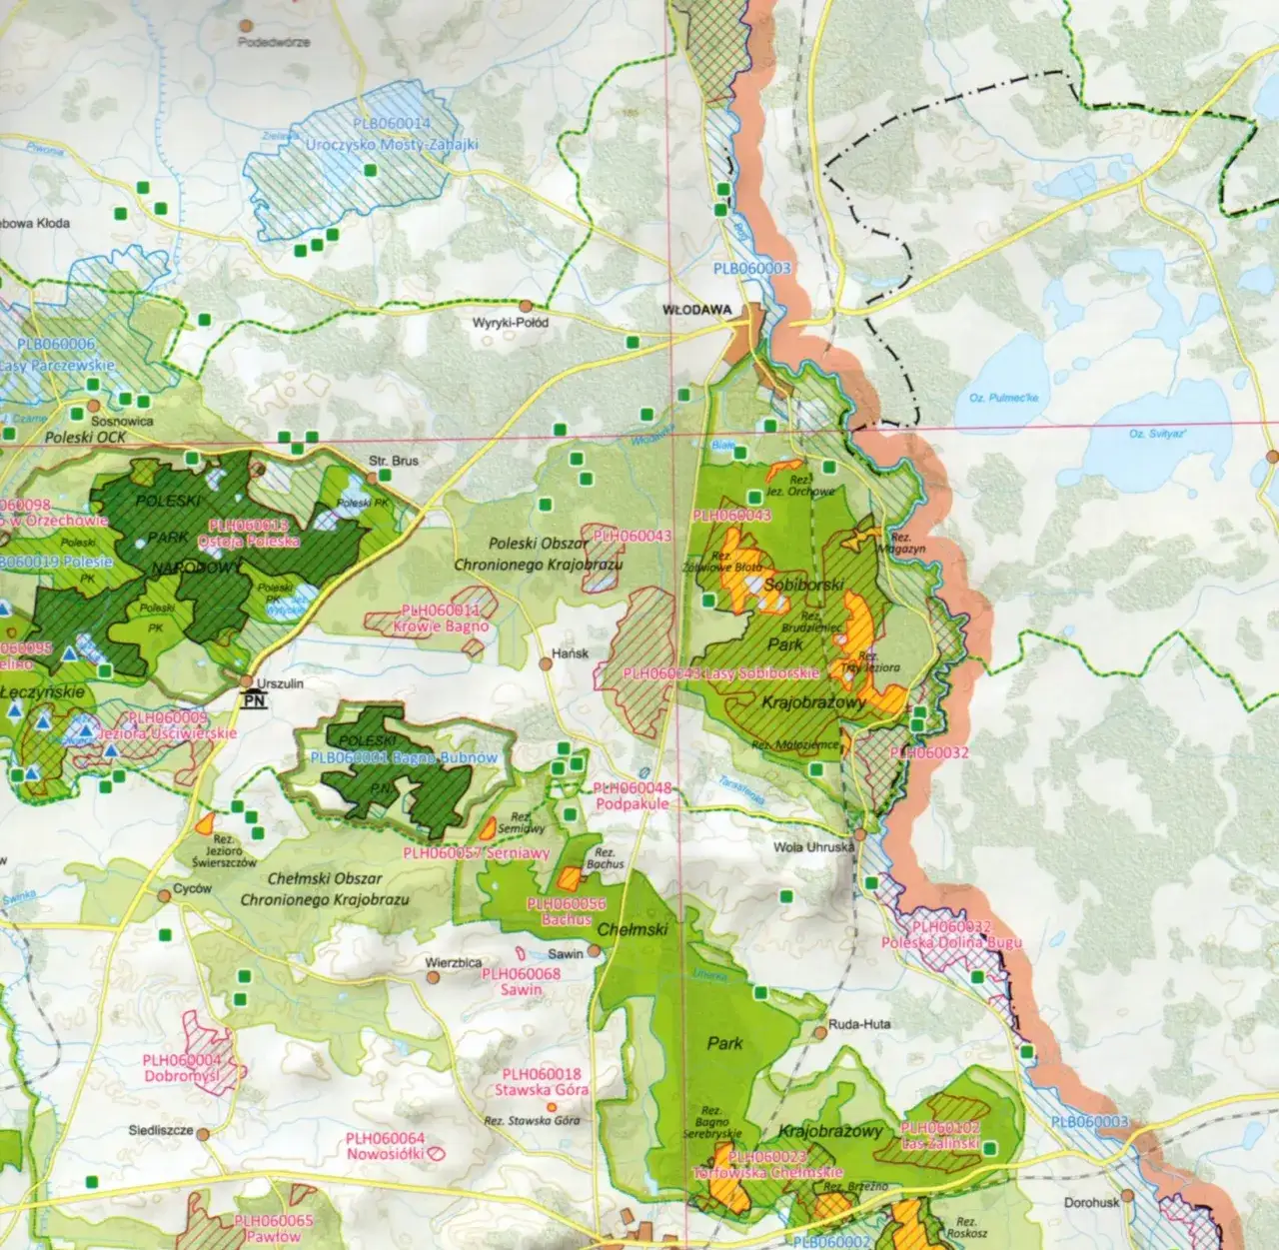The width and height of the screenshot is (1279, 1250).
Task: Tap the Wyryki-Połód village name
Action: (x=511, y=323)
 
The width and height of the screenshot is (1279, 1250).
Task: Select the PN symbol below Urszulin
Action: (x=256, y=702)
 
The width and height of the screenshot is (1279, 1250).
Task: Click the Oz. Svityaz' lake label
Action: (x=1157, y=434)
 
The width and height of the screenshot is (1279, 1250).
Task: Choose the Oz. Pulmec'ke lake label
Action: (x=1003, y=398)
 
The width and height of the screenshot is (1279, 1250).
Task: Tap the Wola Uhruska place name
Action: (x=814, y=847)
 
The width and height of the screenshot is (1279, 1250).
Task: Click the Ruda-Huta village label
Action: (x=859, y=1024)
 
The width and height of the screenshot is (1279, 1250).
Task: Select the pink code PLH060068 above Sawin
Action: (x=521, y=973)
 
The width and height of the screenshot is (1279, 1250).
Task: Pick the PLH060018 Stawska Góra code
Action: (x=541, y=1074)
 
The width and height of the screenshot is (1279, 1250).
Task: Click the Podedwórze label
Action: (x=274, y=43)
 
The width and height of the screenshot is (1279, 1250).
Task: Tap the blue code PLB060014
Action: (x=392, y=124)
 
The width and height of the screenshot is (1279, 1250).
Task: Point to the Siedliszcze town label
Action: (x=160, y=1131)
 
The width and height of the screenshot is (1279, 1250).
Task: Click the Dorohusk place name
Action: (x=1092, y=1202)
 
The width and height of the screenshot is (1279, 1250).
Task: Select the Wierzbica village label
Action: (x=453, y=963)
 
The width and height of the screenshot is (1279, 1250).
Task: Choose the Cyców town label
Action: (x=192, y=888)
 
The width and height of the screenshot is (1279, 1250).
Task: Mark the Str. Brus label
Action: (x=394, y=461)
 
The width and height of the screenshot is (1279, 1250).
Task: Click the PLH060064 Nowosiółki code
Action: (x=385, y=1138)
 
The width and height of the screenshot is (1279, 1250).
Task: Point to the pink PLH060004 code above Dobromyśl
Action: (x=181, y=1061)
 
